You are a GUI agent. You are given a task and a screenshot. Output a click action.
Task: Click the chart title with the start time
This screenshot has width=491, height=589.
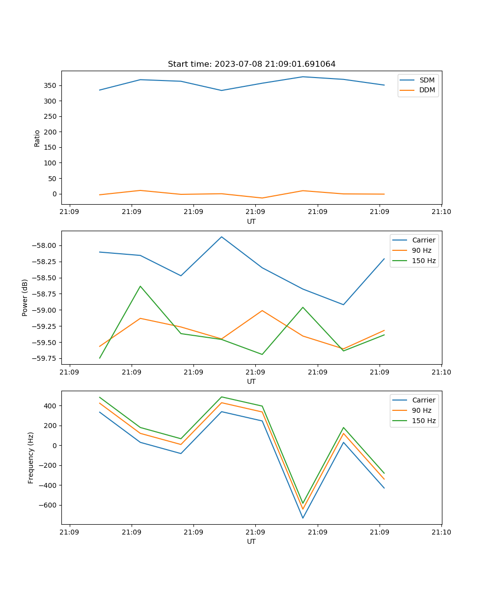[251, 64]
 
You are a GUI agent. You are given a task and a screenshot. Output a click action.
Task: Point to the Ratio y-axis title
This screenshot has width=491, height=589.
[37, 138]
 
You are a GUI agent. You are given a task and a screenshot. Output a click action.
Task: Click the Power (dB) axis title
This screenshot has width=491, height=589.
[25, 297]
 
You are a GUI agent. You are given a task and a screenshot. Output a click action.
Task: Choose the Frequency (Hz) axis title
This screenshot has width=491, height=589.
[31, 457]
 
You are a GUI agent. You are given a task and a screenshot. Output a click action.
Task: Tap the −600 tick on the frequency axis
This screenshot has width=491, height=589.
[48, 505]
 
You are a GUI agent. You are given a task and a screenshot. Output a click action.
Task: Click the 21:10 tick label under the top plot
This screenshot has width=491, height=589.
[441, 212]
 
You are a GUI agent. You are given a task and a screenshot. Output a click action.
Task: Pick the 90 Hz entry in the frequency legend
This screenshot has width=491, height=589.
[422, 410]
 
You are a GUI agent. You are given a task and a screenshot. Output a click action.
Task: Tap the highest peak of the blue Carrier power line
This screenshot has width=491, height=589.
[221, 237]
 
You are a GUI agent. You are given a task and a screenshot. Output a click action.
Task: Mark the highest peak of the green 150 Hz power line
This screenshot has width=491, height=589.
[140, 286]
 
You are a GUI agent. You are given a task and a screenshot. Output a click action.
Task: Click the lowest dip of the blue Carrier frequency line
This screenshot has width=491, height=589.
[303, 518]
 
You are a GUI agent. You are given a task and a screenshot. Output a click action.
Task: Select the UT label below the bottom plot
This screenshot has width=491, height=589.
[251, 541]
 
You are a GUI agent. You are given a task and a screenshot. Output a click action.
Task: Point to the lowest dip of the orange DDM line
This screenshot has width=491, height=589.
[262, 198]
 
